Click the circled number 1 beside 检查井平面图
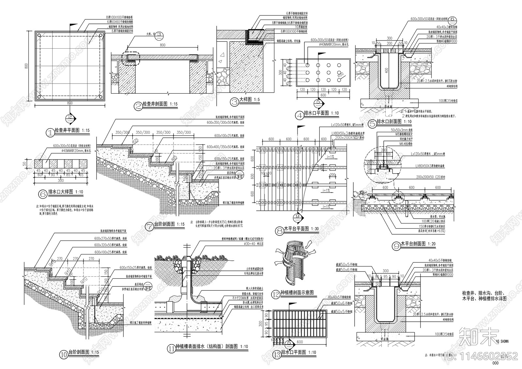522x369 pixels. point(50,132)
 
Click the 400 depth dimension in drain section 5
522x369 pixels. point(387,70)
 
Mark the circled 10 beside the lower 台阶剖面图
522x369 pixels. point(64,354)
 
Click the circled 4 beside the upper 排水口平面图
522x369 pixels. point(299,115)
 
